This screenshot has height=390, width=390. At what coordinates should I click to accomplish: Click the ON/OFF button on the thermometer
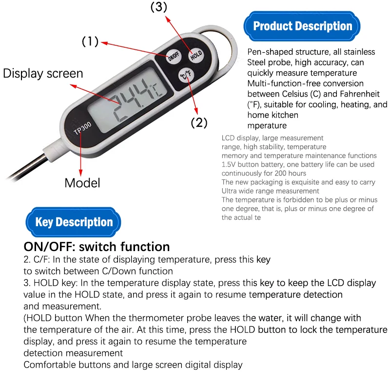[174, 57]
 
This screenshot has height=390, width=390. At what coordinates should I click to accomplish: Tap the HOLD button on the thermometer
[196, 55]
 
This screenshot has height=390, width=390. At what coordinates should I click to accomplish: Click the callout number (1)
[90, 42]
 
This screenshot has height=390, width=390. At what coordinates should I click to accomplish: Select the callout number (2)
[199, 122]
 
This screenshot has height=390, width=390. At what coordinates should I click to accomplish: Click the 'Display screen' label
[43, 74]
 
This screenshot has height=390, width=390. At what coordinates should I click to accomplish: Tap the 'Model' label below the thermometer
[82, 183]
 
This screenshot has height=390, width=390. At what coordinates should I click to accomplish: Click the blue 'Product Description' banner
[303, 26]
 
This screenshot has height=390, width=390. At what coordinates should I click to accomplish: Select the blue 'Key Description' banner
[74, 222]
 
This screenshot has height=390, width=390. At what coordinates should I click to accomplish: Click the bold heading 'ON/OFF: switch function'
[97, 246]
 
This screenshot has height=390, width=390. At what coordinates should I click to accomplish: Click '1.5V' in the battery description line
[229, 165]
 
